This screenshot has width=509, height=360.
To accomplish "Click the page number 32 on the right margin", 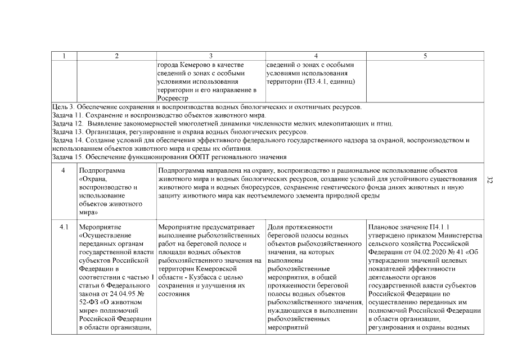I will click(489, 180).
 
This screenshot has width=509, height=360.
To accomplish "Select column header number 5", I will click(425, 56).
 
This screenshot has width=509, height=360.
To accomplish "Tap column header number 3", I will click(210, 56).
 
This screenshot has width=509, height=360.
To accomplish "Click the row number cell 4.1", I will click(64, 227).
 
